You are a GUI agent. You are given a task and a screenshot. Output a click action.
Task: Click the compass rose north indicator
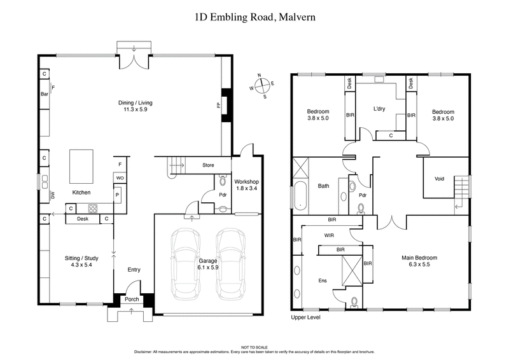click(260, 76)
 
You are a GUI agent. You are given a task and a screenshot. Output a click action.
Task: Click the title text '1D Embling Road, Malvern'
click(254, 17)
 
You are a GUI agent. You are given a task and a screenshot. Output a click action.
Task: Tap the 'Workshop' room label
click(245, 183)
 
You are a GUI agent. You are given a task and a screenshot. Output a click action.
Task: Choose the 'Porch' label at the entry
click(132, 300)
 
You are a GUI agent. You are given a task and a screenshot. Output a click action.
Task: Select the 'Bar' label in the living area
click(45, 94)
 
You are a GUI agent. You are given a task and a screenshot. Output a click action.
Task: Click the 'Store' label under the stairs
click(208, 166)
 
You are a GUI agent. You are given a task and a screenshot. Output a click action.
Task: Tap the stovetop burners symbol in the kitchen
click(92, 208)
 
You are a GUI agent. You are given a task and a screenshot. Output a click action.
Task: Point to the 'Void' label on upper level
click(439, 179)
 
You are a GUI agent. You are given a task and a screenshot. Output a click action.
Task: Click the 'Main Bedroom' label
click(419, 258)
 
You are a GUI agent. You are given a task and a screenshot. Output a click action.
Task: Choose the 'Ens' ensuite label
click(322, 279)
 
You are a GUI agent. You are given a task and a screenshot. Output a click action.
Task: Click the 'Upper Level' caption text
click(305, 317)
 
